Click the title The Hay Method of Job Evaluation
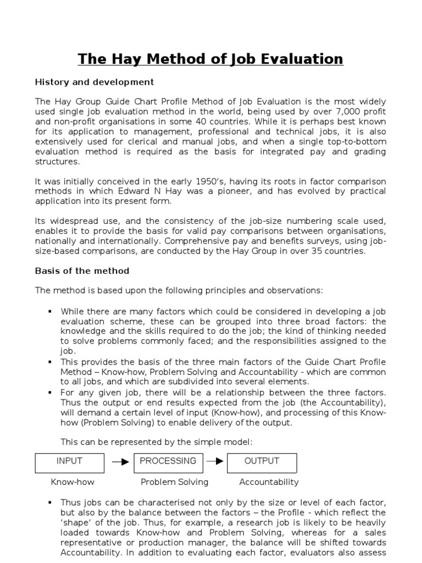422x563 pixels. [210, 59]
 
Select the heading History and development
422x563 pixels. [95, 82]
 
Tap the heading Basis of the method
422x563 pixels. [82, 271]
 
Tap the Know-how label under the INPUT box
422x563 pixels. [73, 482]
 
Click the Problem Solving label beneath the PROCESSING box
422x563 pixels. [174, 482]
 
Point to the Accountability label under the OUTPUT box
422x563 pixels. [269, 482]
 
